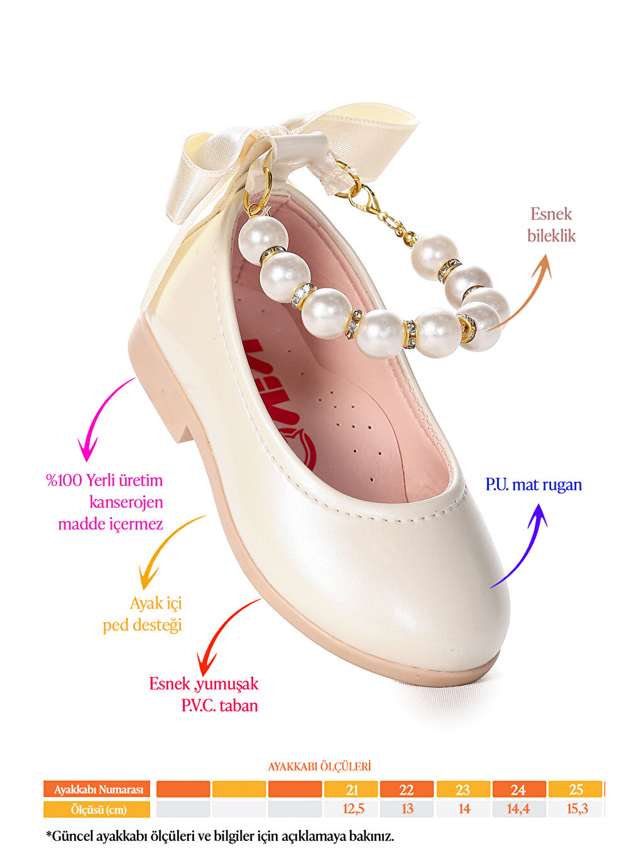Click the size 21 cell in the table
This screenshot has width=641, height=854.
point(351,789)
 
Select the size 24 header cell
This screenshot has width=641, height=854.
point(518,789)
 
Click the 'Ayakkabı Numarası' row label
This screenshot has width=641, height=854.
point(97,789)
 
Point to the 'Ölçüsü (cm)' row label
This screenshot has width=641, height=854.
point(97,809)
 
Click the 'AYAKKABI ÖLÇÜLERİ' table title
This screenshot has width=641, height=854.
point(319,767)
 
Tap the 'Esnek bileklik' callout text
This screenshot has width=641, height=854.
point(551,225)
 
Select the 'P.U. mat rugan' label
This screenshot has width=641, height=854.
point(534,485)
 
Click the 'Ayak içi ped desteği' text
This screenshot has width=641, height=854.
point(143,614)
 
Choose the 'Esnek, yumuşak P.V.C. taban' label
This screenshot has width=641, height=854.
point(204,695)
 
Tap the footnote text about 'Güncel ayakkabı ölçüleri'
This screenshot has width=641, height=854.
point(220,836)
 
